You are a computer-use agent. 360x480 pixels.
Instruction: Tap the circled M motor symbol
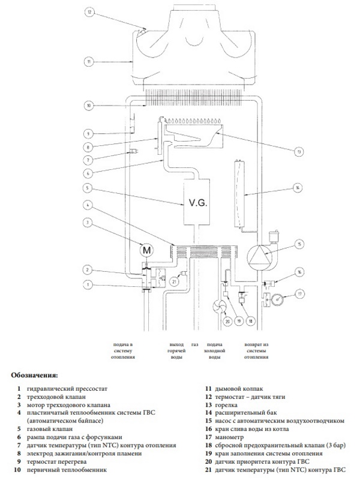[x=147, y=250]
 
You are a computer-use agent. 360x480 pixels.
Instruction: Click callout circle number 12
[x=89, y=12]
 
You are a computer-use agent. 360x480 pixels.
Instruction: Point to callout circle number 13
[x=298, y=152]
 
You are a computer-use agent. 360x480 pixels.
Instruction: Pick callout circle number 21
[x=175, y=281]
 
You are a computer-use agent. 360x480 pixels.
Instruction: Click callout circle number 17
[x=299, y=294]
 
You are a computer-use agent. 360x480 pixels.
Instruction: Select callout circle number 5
[x=88, y=187]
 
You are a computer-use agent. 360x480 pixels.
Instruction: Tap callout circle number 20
[x=227, y=322]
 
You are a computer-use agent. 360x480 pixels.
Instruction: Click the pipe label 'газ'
[x=194, y=344]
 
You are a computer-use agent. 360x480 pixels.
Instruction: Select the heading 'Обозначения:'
[x=34, y=375]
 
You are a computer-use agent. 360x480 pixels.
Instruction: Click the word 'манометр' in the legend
[x=229, y=437]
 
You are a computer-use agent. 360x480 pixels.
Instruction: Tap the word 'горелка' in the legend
[x=226, y=405]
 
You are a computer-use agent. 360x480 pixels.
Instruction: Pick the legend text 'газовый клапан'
[x=50, y=429]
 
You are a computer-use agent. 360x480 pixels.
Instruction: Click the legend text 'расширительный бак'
[x=246, y=413]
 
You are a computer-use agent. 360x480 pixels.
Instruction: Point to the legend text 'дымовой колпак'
[x=239, y=389]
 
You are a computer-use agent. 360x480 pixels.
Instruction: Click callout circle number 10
[x=88, y=106]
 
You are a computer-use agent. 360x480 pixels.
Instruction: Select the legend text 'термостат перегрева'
[x=56, y=461]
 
